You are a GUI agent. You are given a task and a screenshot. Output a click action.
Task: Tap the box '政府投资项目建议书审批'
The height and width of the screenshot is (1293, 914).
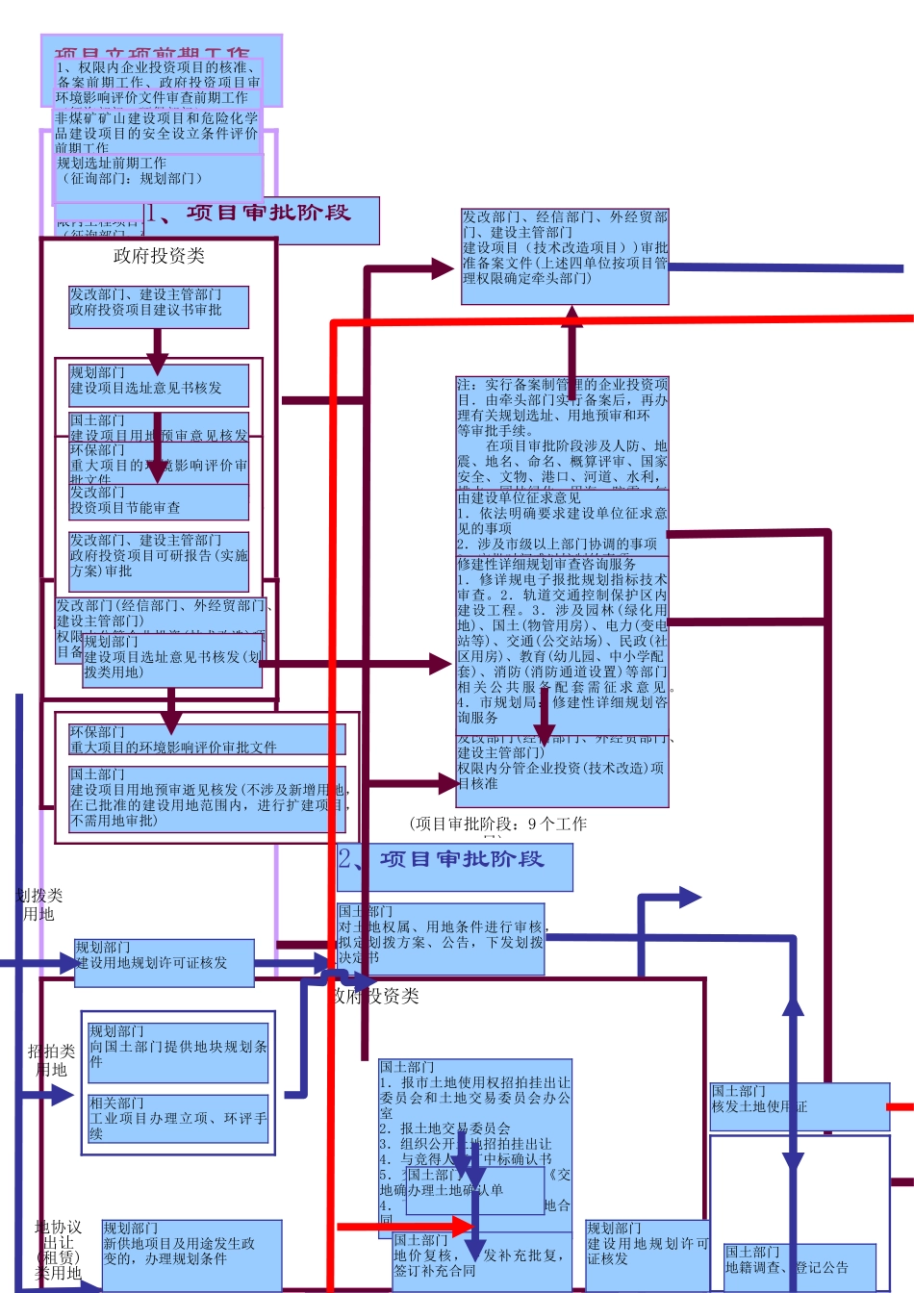coord(159,305)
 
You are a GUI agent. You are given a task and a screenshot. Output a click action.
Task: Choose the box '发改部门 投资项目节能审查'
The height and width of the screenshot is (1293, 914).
coord(159,501)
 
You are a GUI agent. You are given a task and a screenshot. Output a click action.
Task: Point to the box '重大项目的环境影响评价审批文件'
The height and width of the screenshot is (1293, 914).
coord(206,740)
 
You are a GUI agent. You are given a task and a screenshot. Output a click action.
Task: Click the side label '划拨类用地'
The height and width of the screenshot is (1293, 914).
coord(39,904)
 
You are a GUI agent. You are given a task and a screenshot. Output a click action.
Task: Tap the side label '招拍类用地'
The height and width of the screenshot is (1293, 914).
coord(51,1060)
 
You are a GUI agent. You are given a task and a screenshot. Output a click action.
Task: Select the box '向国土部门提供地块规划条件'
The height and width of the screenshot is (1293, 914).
coord(179,1048)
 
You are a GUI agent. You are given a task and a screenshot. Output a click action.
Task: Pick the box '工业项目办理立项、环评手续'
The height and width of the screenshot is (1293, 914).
coord(179,1118)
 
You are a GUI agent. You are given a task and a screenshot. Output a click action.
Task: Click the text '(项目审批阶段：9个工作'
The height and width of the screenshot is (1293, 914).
coord(498,824)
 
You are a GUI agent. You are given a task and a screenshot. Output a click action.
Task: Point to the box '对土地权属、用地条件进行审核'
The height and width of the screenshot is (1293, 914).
coord(441,935)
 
